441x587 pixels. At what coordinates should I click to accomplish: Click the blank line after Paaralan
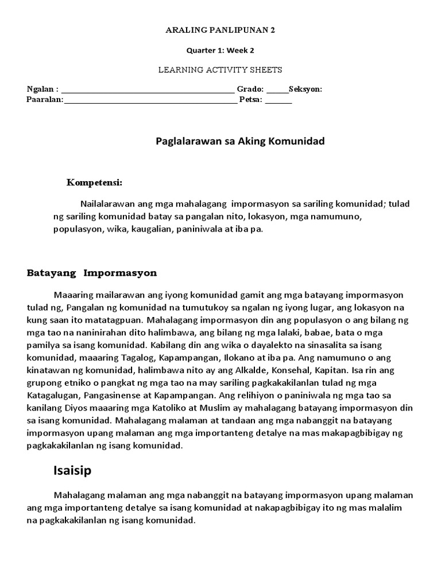[151, 101]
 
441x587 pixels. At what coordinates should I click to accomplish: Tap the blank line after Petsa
[278, 101]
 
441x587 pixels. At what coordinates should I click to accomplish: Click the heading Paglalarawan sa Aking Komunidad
[240, 141]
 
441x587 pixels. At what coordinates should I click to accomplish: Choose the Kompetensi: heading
[94, 183]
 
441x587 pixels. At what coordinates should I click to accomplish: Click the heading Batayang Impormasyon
[92, 273]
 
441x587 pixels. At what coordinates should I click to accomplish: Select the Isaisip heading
[72, 471]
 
